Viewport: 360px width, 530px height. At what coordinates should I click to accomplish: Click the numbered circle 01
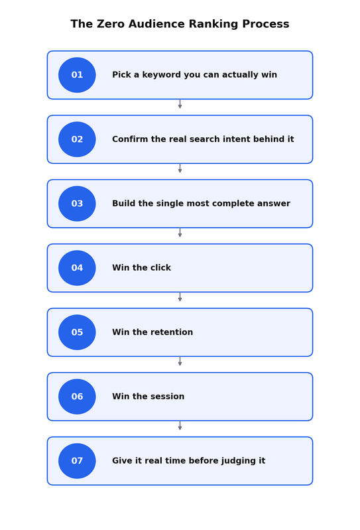pos(77,75)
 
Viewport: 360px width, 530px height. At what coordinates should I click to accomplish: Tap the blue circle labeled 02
pos(77,139)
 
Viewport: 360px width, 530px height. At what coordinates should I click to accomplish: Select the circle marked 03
pos(77,204)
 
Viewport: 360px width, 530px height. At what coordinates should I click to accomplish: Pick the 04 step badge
pos(77,268)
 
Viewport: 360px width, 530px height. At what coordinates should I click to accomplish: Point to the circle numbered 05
pos(77,332)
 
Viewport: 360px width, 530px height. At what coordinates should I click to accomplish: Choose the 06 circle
pos(77,397)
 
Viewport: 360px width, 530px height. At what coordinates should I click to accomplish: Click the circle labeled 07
pos(77,461)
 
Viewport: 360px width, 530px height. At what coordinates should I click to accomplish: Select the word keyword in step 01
pos(161,75)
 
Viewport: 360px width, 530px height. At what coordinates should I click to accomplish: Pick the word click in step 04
pos(160,268)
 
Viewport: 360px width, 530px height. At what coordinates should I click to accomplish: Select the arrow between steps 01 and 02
pos(180,103)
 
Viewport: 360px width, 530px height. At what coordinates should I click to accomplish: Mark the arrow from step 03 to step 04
pos(180,233)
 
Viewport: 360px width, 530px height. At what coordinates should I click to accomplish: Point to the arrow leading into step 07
pos(180,426)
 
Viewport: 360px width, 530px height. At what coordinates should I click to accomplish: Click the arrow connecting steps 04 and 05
pos(180,297)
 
